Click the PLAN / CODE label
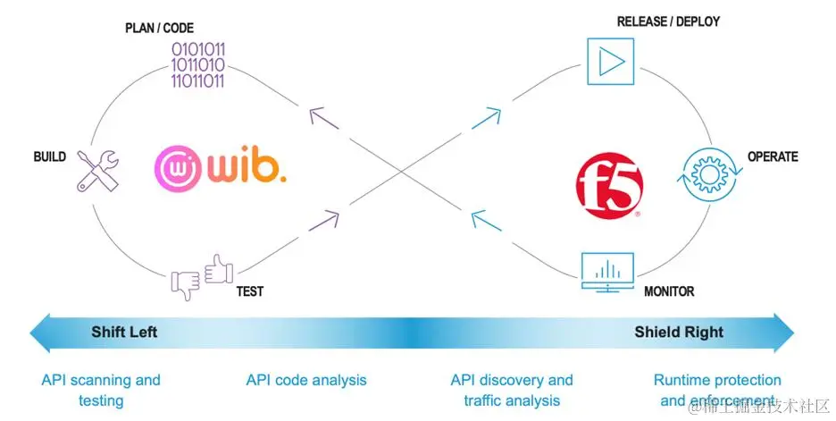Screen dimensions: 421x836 pos(159,29)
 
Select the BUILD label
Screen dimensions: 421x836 pos(50,157)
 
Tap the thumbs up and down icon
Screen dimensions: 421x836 pos(200,276)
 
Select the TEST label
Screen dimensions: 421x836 pos(249,291)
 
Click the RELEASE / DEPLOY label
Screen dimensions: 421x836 pos(668,21)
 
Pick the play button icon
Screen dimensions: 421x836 pos(610,61)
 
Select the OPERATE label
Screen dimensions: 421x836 pos(773,157)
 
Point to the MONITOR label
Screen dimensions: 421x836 pos(669,291)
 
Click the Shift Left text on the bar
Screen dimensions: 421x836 pos(124,333)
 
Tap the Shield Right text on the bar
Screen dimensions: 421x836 pos(679,333)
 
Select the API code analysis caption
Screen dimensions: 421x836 pos(306,381)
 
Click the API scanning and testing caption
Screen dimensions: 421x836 pos(101,391)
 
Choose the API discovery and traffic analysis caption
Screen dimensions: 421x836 pos(512,391)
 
